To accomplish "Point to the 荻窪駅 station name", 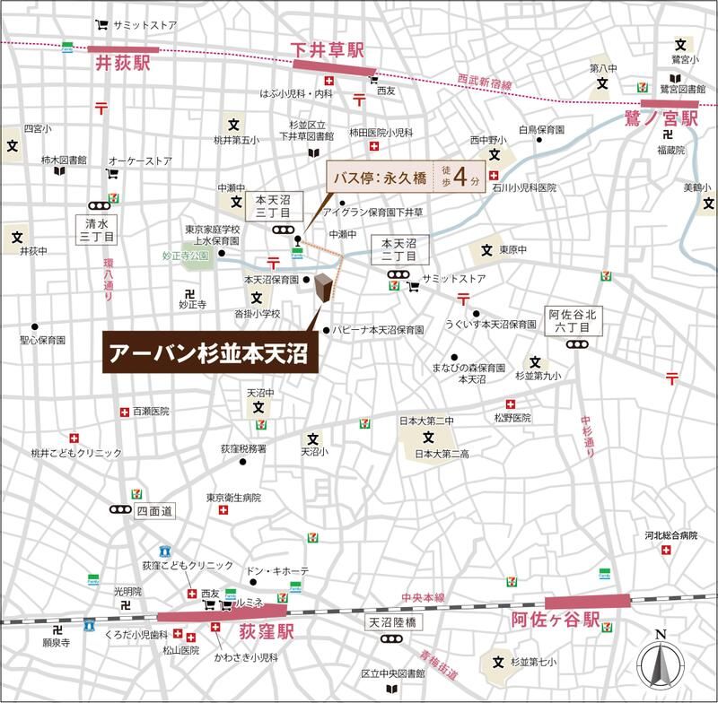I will (267, 634).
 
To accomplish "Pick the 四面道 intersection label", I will (152, 511).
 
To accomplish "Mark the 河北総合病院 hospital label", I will (670, 535).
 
